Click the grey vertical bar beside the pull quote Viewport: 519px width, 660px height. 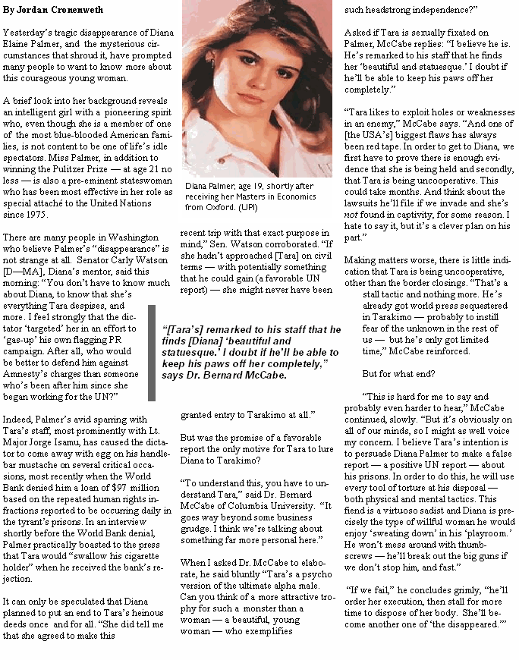pos(152,353)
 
